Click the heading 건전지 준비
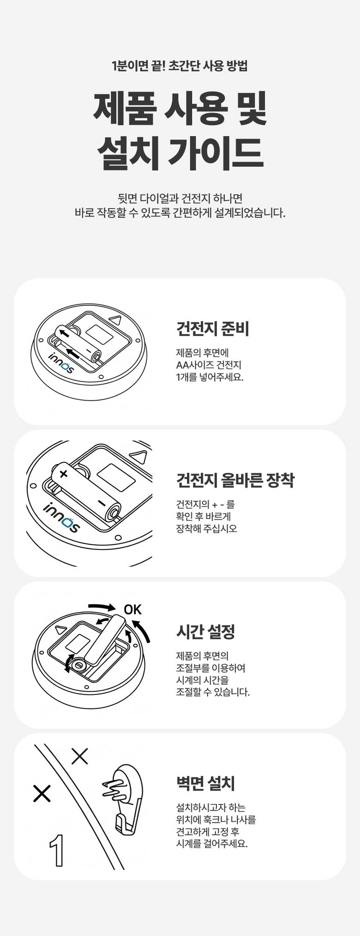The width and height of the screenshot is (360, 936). [x=213, y=328]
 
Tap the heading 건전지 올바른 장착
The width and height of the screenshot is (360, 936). [x=235, y=480]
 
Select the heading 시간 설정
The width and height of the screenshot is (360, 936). [x=205, y=631]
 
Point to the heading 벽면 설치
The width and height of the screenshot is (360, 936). [x=205, y=783]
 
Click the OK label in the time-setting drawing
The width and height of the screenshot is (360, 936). [x=132, y=610]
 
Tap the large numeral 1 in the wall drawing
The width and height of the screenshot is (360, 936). [x=57, y=851]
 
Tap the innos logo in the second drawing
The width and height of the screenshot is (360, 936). [x=61, y=517]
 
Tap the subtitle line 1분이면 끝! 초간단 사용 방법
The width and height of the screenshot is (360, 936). [x=180, y=66]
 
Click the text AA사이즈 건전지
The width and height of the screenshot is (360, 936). [x=209, y=365]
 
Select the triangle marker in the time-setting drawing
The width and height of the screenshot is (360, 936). [x=60, y=629]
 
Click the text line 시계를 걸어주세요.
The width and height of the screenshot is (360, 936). [x=212, y=844]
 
